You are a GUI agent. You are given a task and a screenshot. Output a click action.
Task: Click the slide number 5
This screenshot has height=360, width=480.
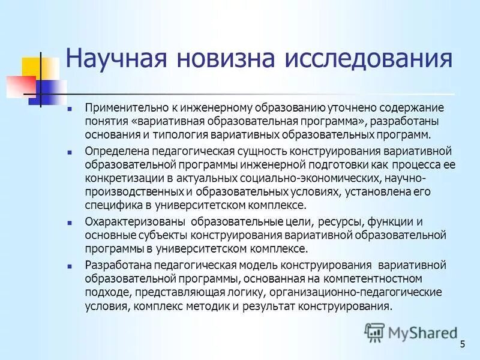463,344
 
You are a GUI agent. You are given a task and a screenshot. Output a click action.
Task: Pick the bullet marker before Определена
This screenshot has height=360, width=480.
70,151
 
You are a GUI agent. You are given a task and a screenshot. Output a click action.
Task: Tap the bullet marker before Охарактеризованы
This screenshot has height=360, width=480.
70,222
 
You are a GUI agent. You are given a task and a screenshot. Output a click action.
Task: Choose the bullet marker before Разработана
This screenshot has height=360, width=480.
70,265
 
